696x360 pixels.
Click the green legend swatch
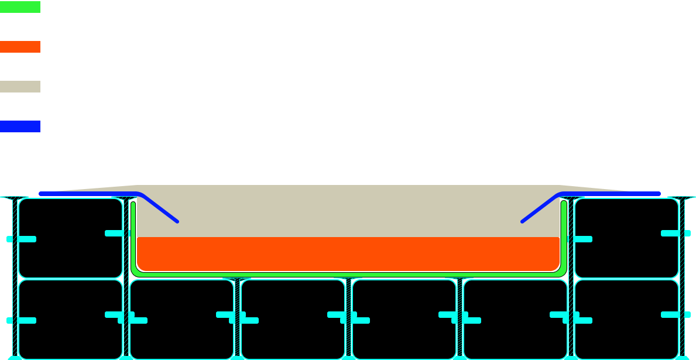20,8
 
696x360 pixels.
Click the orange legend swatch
20,47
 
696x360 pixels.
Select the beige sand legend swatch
20,87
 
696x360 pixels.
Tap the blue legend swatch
20,126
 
